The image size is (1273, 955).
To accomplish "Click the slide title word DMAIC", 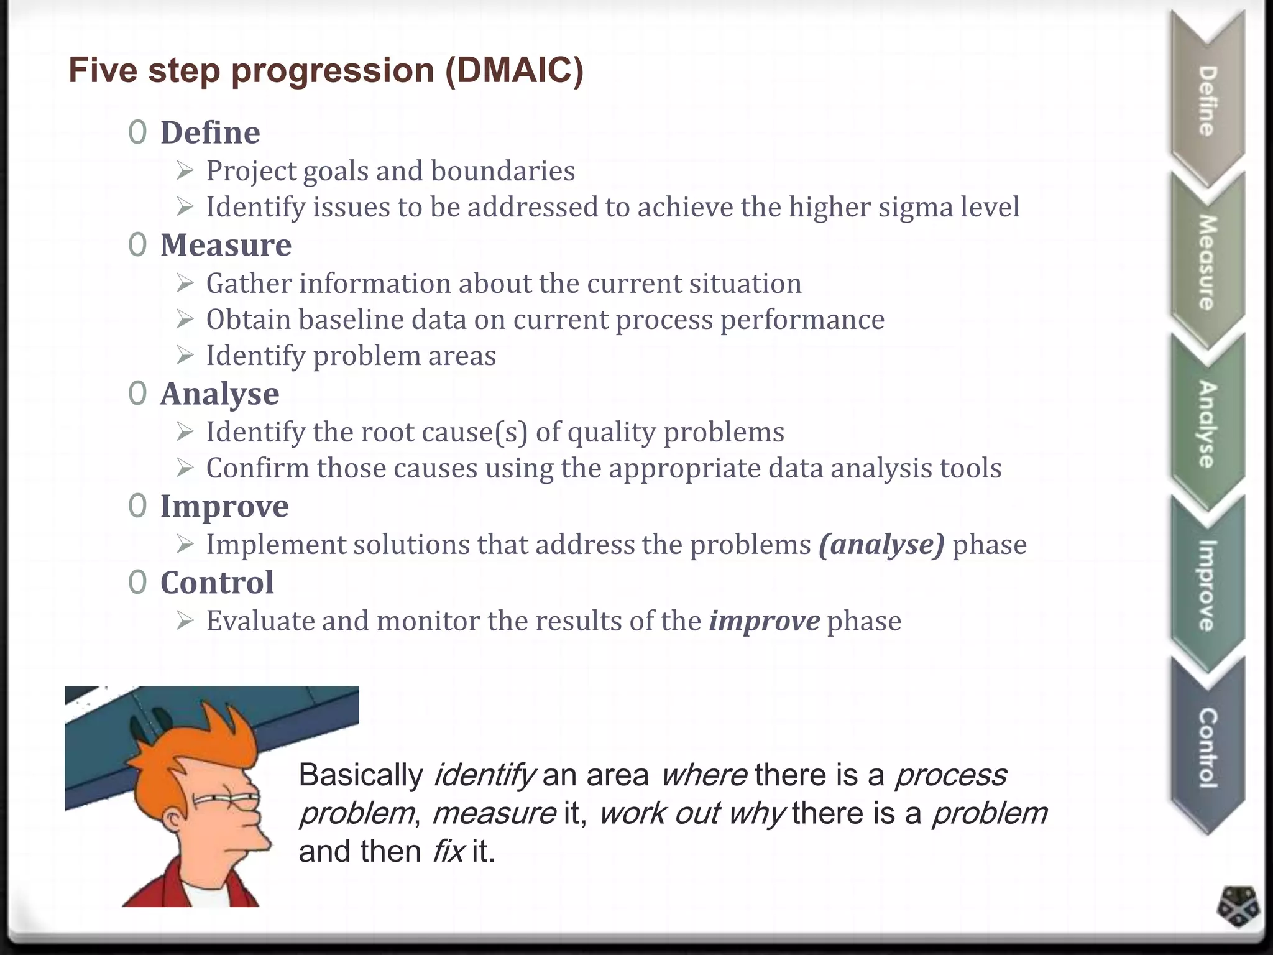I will click(513, 70).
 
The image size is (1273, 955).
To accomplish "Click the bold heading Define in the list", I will click(210, 132).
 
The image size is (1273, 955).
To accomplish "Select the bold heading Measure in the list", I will click(226, 245).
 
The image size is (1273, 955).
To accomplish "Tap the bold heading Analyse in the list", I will click(220, 394).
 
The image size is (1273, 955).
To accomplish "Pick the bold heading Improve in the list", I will click(224, 506).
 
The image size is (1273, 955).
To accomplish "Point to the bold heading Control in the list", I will click(217, 583).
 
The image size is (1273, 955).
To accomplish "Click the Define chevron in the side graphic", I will click(1206, 99).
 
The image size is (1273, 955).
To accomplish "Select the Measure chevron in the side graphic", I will click(1206, 261).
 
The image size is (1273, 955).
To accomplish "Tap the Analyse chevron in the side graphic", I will click(1206, 423).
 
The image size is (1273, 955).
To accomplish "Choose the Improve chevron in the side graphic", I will click(1206, 584).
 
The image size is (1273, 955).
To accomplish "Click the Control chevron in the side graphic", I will click(1206, 746).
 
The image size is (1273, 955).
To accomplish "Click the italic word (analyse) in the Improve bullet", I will click(881, 545).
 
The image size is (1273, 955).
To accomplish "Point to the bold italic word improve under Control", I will click(765, 621).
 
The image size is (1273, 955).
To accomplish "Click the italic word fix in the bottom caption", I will click(448, 851).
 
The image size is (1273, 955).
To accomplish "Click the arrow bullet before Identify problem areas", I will click(185, 356).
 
